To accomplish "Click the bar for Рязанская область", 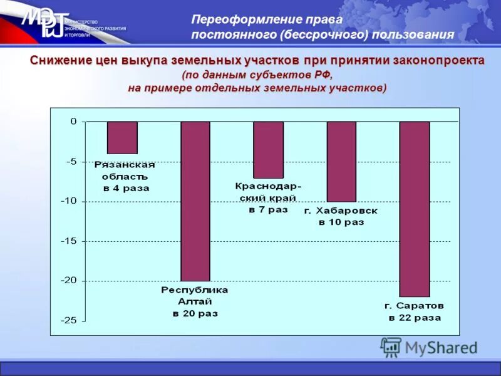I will click(122, 137).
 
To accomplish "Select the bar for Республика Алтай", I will click(195, 201).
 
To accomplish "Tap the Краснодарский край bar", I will click(268, 150).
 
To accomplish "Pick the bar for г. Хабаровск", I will click(341, 161).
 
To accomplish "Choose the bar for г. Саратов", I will click(415, 209).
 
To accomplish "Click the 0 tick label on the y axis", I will click(73, 122).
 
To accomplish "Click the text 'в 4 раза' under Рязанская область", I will click(127, 188).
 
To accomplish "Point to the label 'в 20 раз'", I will click(195, 313).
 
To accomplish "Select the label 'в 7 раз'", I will click(268, 209).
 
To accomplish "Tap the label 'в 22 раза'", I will click(415, 318).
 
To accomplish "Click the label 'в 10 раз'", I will click(341, 222).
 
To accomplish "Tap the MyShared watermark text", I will click(441, 348).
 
